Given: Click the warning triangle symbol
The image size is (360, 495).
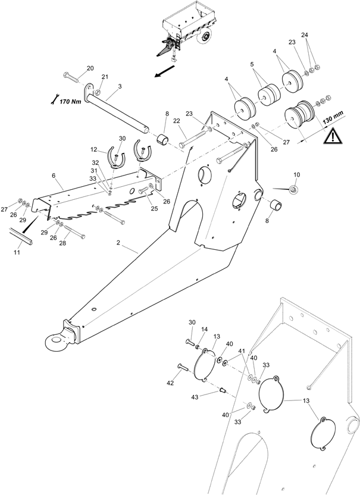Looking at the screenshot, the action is pos(331,137).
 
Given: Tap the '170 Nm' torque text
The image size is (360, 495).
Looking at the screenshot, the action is pos(70,101).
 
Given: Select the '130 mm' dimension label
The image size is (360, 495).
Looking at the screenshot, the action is pos(333,119).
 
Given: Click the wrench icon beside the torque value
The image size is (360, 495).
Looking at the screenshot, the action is pos(54,99).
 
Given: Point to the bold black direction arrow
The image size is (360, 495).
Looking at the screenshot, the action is pos(164,71).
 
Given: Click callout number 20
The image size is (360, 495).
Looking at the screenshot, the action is pos(90,68).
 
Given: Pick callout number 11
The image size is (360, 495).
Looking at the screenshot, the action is pos(17,252).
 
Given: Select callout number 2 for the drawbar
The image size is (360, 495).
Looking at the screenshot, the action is pos(118,243).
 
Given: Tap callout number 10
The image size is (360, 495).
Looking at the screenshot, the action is pos(297,174).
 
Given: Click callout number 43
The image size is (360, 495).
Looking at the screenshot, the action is pos(195,397).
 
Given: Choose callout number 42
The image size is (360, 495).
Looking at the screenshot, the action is pos(170,383).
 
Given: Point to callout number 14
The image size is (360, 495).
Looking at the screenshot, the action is pos(204,329).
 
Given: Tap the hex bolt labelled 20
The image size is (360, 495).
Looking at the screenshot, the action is pos(71,77).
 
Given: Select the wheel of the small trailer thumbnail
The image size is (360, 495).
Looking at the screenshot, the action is pos(204,37).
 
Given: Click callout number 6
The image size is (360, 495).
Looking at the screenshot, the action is pos(54,176).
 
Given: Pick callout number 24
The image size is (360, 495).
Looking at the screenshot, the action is pos(305,35).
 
